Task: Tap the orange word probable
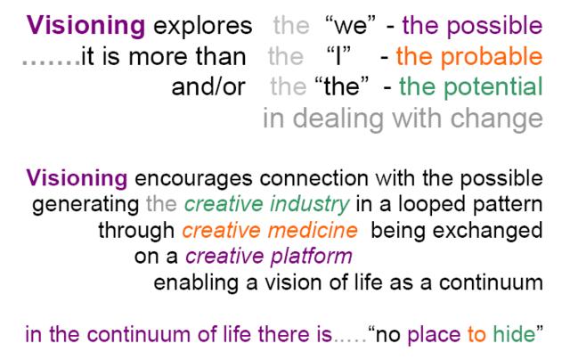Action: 492,57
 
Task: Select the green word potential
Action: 493,87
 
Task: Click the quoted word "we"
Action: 351,26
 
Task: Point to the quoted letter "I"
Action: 338,55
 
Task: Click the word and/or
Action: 208,87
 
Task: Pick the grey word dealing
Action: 338,119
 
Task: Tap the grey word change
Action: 497,119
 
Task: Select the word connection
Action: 314,178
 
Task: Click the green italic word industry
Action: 310,205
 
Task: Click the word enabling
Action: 196,283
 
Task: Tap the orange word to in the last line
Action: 476,334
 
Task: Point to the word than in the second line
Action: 221,57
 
